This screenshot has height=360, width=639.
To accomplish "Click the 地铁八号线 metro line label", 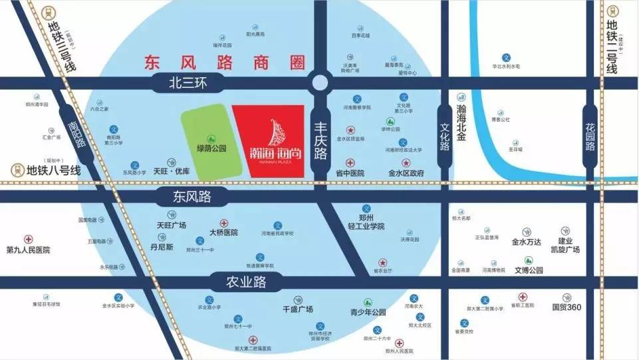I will [x=53, y=171].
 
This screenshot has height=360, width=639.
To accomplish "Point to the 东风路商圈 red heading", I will [x=225, y=63].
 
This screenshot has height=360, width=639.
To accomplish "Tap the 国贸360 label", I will [x=567, y=307].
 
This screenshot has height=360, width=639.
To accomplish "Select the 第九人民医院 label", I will [x=28, y=250].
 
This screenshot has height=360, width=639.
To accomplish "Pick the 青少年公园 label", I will [x=368, y=312].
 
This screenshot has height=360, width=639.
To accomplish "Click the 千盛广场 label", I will [x=298, y=309].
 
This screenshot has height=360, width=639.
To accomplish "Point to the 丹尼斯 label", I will [x=162, y=247].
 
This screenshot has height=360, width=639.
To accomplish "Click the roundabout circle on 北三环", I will [x=320, y=83].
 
